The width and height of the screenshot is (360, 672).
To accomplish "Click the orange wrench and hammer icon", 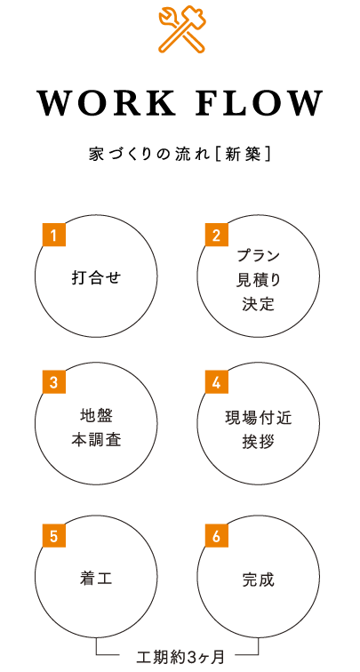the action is tap(181, 28).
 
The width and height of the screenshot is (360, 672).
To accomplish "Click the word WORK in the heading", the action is tap(107, 103).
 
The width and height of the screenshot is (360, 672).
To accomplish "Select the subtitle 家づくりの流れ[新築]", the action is tap(180, 155).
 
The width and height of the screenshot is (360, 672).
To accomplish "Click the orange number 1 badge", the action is tap(53, 235).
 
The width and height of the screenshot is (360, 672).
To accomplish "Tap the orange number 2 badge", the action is tap(216, 235).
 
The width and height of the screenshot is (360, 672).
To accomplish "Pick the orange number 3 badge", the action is tap(53, 382).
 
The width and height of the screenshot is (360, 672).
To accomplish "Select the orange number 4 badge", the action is tap(216, 382).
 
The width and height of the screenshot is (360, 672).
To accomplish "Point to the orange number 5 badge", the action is tap(53, 536).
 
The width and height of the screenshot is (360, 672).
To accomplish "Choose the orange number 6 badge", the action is tap(216, 536).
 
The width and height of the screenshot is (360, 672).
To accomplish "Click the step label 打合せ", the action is tap(96, 277).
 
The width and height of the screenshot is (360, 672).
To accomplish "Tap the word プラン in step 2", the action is tap(258, 256).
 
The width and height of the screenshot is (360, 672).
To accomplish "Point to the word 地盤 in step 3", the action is tap(96, 415).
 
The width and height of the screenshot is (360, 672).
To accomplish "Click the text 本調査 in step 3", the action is tap(96, 440).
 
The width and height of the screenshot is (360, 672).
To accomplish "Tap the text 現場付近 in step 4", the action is tap(258, 417).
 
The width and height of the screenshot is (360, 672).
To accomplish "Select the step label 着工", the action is tap(96, 580).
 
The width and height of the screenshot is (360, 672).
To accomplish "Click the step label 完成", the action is tap(258, 580).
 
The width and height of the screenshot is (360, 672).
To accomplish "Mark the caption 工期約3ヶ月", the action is tap(180, 656).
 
